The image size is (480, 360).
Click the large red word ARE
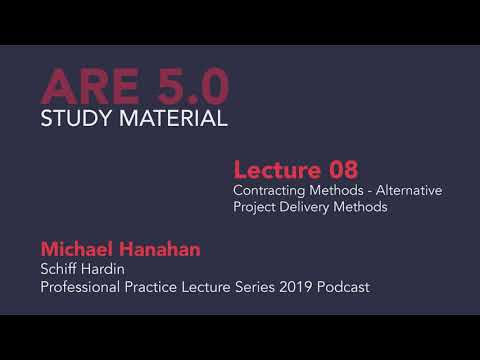pos(85,88)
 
